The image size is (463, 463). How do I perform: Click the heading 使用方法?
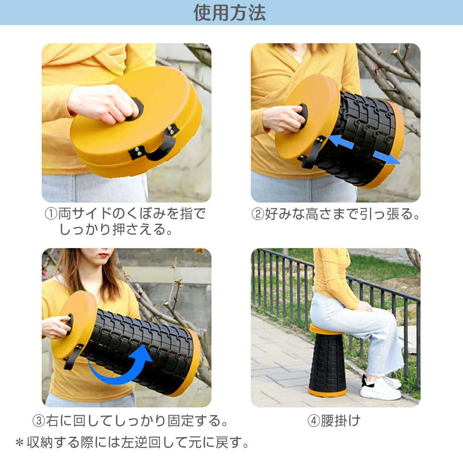[230, 13]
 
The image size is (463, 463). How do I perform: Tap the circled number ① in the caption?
[51, 214]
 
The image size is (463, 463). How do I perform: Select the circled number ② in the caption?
[258, 214]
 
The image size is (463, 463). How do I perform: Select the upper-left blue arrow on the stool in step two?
[340, 142]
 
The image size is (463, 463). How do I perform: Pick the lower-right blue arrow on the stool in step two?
[386, 158]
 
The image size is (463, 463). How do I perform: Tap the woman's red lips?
[104, 255]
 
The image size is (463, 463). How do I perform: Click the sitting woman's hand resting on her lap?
[364, 307]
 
